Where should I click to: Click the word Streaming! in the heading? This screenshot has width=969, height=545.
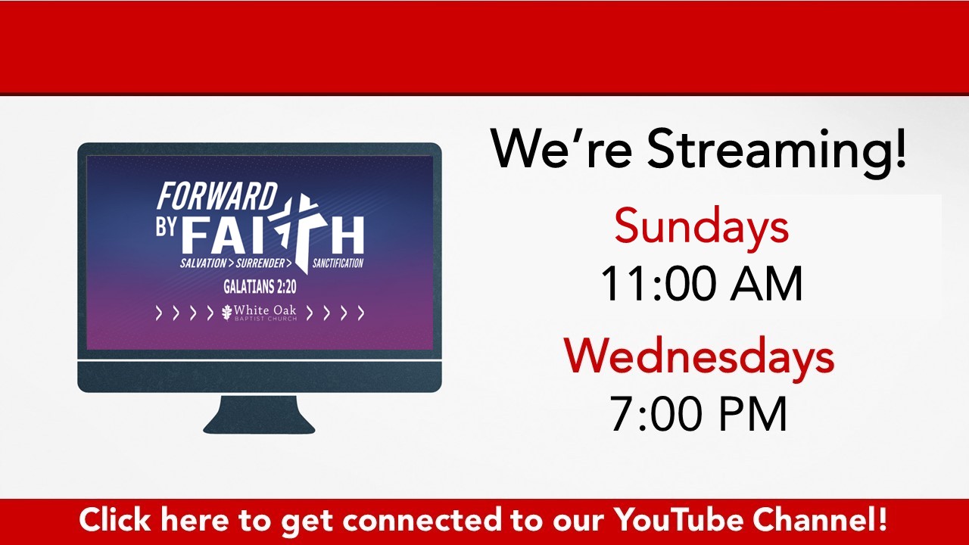(x=777, y=150)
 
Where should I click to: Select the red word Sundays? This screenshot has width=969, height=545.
(x=701, y=226)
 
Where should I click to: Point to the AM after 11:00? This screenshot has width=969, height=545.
(x=767, y=284)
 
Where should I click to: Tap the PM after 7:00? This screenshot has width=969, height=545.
(x=753, y=413)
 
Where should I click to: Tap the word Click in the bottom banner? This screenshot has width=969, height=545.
(x=114, y=519)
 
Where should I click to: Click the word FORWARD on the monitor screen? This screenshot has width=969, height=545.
(x=217, y=196)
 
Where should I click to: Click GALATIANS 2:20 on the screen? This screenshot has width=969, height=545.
(x=260, y=286)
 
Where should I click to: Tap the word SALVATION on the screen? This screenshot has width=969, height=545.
(x=204, y=263)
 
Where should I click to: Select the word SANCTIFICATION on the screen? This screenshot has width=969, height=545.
(x=338, y=263)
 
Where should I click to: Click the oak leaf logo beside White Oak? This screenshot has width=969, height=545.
(x=226, y=313)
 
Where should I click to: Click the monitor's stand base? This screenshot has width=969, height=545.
(x=259, y=416)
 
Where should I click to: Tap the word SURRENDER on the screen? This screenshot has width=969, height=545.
(x=260, y=263)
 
